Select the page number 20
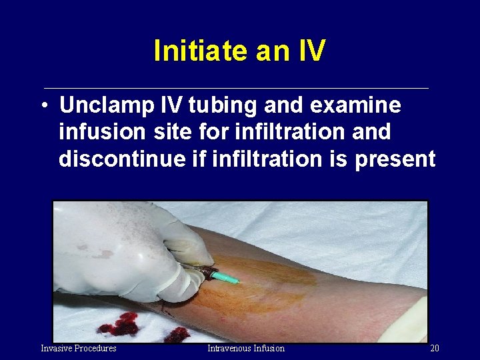click(434, 348)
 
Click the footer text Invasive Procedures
click(79, 348)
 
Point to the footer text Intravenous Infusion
click(245, 348)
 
